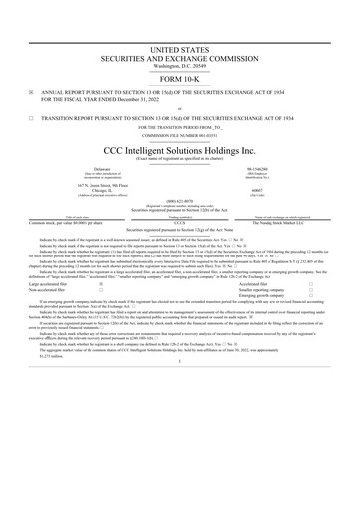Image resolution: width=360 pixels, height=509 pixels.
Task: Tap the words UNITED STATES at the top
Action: point(180,48)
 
